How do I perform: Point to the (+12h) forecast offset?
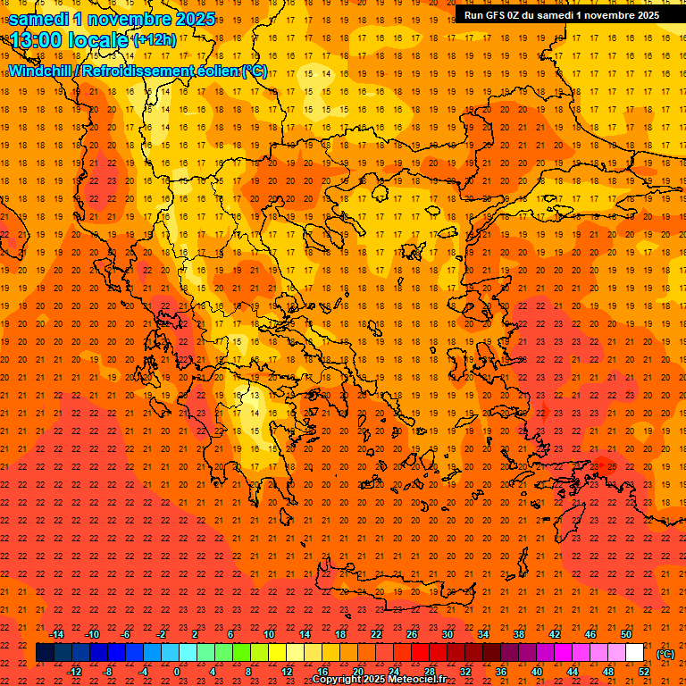click(155, 40)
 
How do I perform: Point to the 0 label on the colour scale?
click(177, 671)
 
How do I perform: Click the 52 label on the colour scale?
click(644, 671)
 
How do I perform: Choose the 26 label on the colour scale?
click(412, 634)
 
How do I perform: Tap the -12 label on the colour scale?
click(75, 671)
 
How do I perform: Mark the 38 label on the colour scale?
click(518, 634)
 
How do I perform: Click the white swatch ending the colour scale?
click(634, 653)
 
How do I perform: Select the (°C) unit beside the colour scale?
click(665, 654)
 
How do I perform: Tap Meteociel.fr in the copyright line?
click(417, 680)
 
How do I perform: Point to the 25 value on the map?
click(611, 465)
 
